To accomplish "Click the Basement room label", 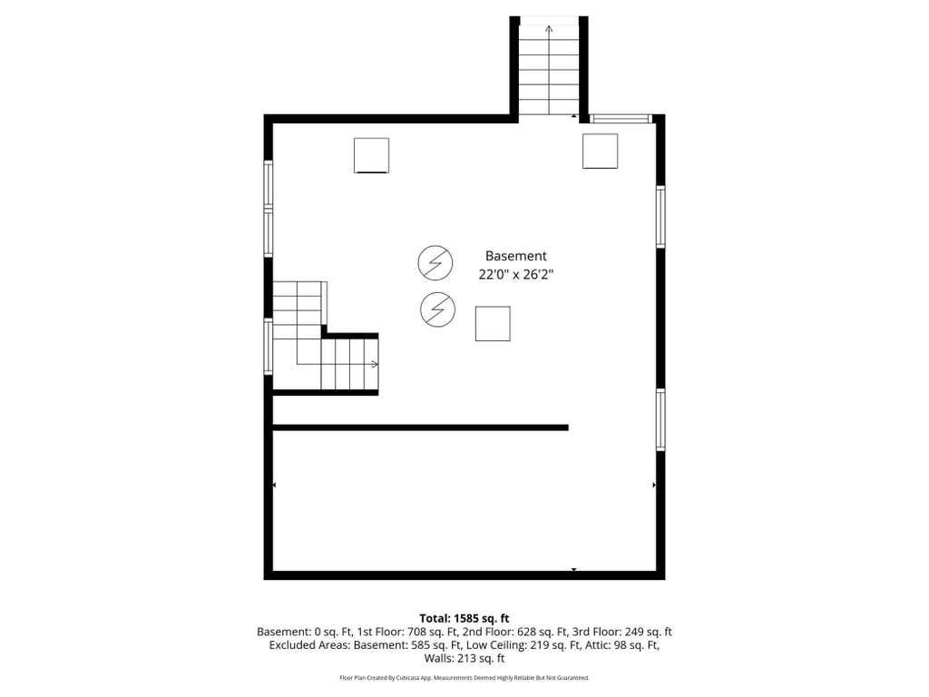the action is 515,256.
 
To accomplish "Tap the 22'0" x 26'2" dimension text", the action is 515,274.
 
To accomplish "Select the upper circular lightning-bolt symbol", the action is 435,262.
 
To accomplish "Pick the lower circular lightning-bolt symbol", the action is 438,309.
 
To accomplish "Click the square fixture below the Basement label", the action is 493,324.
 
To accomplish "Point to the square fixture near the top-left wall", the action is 371,155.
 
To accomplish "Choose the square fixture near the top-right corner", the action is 601,152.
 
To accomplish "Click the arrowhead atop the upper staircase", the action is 549,28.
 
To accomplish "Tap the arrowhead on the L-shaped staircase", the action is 375,364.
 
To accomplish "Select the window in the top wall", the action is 621,119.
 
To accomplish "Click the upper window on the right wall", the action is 660,216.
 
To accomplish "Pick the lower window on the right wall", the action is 660,419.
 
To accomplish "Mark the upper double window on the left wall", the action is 269,209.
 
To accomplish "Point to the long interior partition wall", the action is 420,427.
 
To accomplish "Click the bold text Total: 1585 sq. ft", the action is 464,619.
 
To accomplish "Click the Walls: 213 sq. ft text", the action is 464,658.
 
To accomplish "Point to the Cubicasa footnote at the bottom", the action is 464,677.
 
